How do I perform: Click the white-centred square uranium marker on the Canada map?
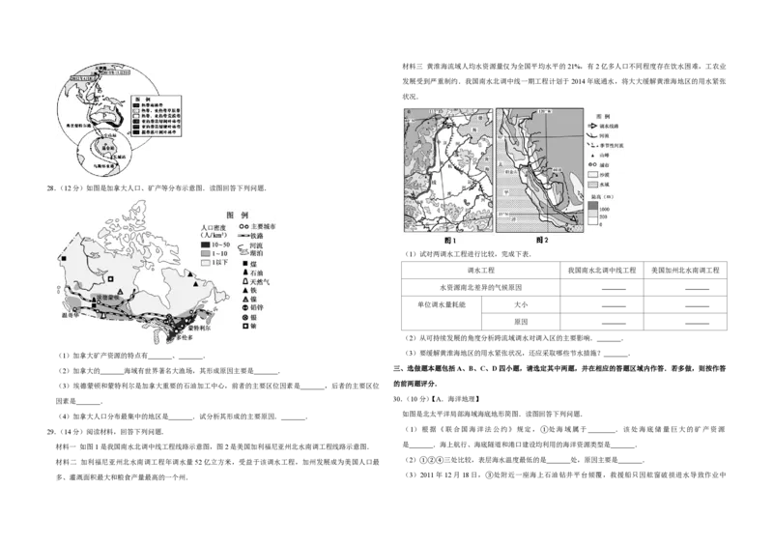112,280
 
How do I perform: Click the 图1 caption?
447,239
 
